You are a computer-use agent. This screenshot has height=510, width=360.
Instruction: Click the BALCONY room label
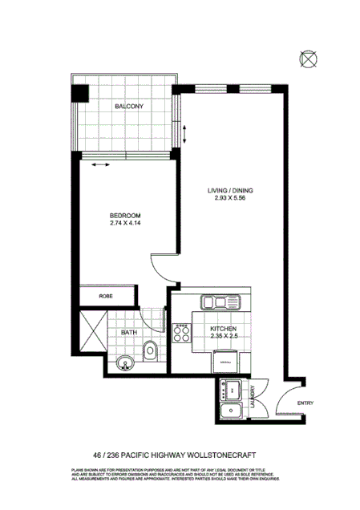(x=128, y=107)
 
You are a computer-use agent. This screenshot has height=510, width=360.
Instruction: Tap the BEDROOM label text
(x=126, y=216)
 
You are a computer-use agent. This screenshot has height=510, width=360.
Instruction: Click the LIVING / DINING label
(x=231, y=189)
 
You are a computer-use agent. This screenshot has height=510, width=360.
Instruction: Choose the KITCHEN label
(x=224, y=329)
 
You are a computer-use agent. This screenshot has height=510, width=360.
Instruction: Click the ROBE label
(x=105, y=296)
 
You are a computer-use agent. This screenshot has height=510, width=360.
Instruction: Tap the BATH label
(x=128, y=331)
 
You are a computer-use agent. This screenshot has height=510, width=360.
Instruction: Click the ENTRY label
(x=305, y=403)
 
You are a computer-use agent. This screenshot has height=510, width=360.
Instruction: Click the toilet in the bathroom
(x=151, y=350)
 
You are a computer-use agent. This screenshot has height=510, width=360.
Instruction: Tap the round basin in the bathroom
(x=124, y=366)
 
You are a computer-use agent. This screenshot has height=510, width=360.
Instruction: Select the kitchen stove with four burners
(x=182, y=333)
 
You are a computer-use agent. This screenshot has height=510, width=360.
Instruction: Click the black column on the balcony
(x=79, y=92)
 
